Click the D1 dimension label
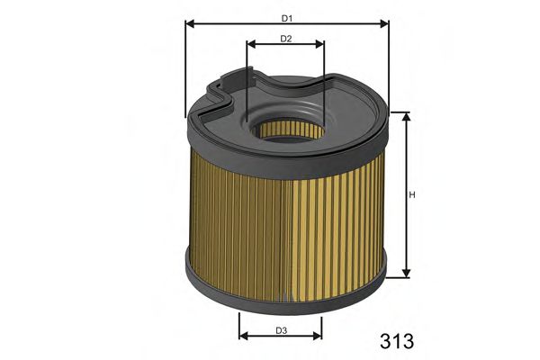(287, 17)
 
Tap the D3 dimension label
(281, 330)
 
